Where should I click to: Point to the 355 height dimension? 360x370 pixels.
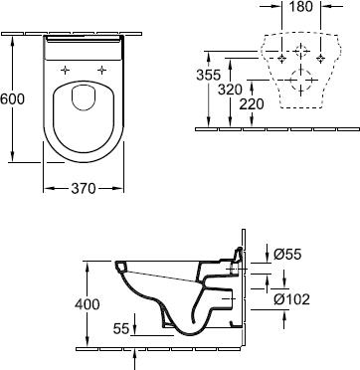coord(208,74)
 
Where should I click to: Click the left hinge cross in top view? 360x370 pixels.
coord(66,70)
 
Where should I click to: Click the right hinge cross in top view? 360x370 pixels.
coord(101,70)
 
